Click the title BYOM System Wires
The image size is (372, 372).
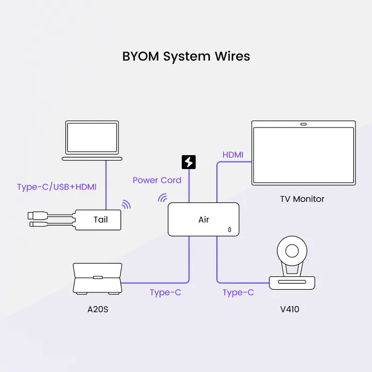click(186, 56)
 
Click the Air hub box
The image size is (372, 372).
click(204, 219)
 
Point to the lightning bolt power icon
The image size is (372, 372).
click(189, 162)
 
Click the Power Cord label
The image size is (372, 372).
click(157, 180)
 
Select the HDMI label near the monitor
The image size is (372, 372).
click(233, 155)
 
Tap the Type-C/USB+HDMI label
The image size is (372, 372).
click(56, 187)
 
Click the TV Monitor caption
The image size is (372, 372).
click(302, 199)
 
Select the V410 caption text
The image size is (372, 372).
click(290, 309)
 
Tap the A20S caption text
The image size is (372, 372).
click(98, 309)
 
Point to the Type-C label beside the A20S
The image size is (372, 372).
click(165, 292)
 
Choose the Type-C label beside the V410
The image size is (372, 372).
click(238, 292)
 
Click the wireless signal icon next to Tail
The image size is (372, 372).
click(126, 205)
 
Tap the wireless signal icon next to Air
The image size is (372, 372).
click(162, 198)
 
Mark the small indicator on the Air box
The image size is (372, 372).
click(230, 230)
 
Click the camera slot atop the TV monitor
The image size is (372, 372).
click(303, 125)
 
